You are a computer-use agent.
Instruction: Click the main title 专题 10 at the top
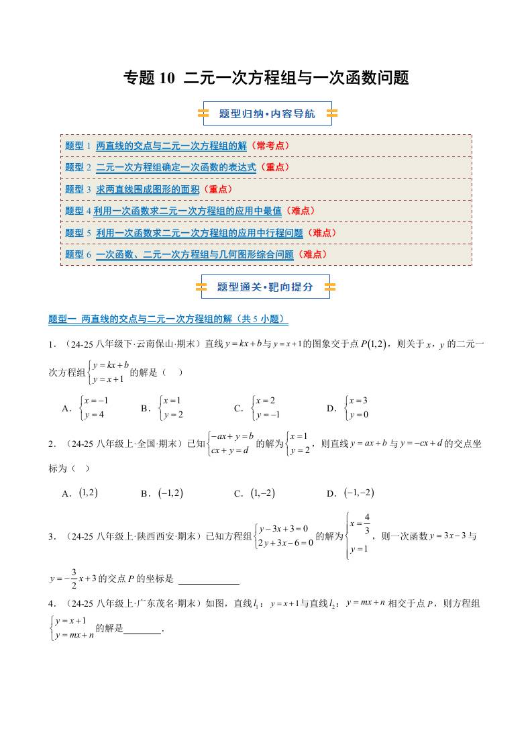[x=266, y=79]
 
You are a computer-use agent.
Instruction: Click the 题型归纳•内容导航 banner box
[x=267, y=114]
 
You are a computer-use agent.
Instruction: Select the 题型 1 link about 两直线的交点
[x=171, y=146]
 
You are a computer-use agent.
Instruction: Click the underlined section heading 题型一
[x=168, y=319]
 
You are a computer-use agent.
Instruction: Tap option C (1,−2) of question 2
[x=256, y=493]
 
